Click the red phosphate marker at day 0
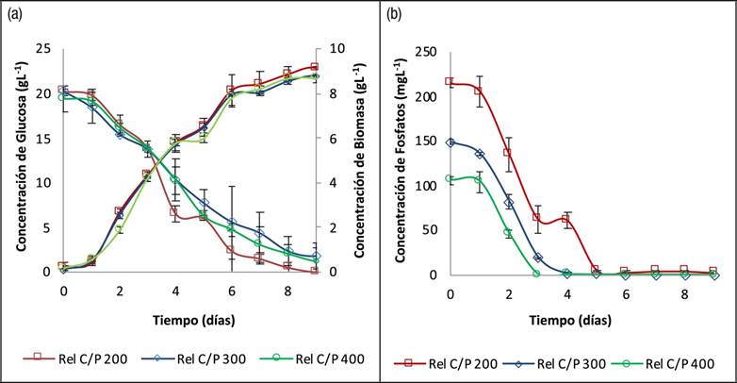tap(450, 81)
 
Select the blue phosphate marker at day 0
tap(450, 142)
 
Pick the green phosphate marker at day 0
tap(450, 178)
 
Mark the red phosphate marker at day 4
tap(565, 220)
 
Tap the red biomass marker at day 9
tap(314, 67)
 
